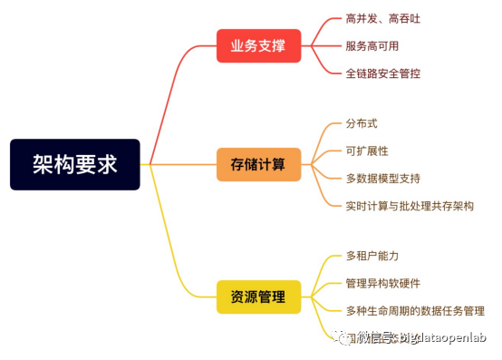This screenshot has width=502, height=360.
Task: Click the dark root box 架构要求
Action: click(75, 164)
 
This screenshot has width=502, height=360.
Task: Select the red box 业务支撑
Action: click(258, 45)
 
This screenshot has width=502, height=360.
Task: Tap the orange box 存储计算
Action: click(258, 164)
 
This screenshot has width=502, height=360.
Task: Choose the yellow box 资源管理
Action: click(258, 297)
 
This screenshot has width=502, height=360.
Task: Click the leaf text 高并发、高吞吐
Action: click(383, 18)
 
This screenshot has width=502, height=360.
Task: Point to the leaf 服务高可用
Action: click(372, 45)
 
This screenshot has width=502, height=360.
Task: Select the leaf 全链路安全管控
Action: click(383, 73)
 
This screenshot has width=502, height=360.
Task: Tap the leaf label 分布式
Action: click(361, 123)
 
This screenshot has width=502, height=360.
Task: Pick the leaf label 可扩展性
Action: click(366, 151)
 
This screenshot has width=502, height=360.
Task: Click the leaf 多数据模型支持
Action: click(383, 178)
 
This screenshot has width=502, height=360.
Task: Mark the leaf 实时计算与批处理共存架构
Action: click(410, 206)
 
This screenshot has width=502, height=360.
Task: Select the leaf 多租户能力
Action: click(372, 256)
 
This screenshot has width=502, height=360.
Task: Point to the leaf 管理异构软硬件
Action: click(383, 283)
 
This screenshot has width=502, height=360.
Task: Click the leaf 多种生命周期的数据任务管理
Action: click(415, 310)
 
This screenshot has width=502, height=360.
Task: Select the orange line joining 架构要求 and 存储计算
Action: click(181, 164)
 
